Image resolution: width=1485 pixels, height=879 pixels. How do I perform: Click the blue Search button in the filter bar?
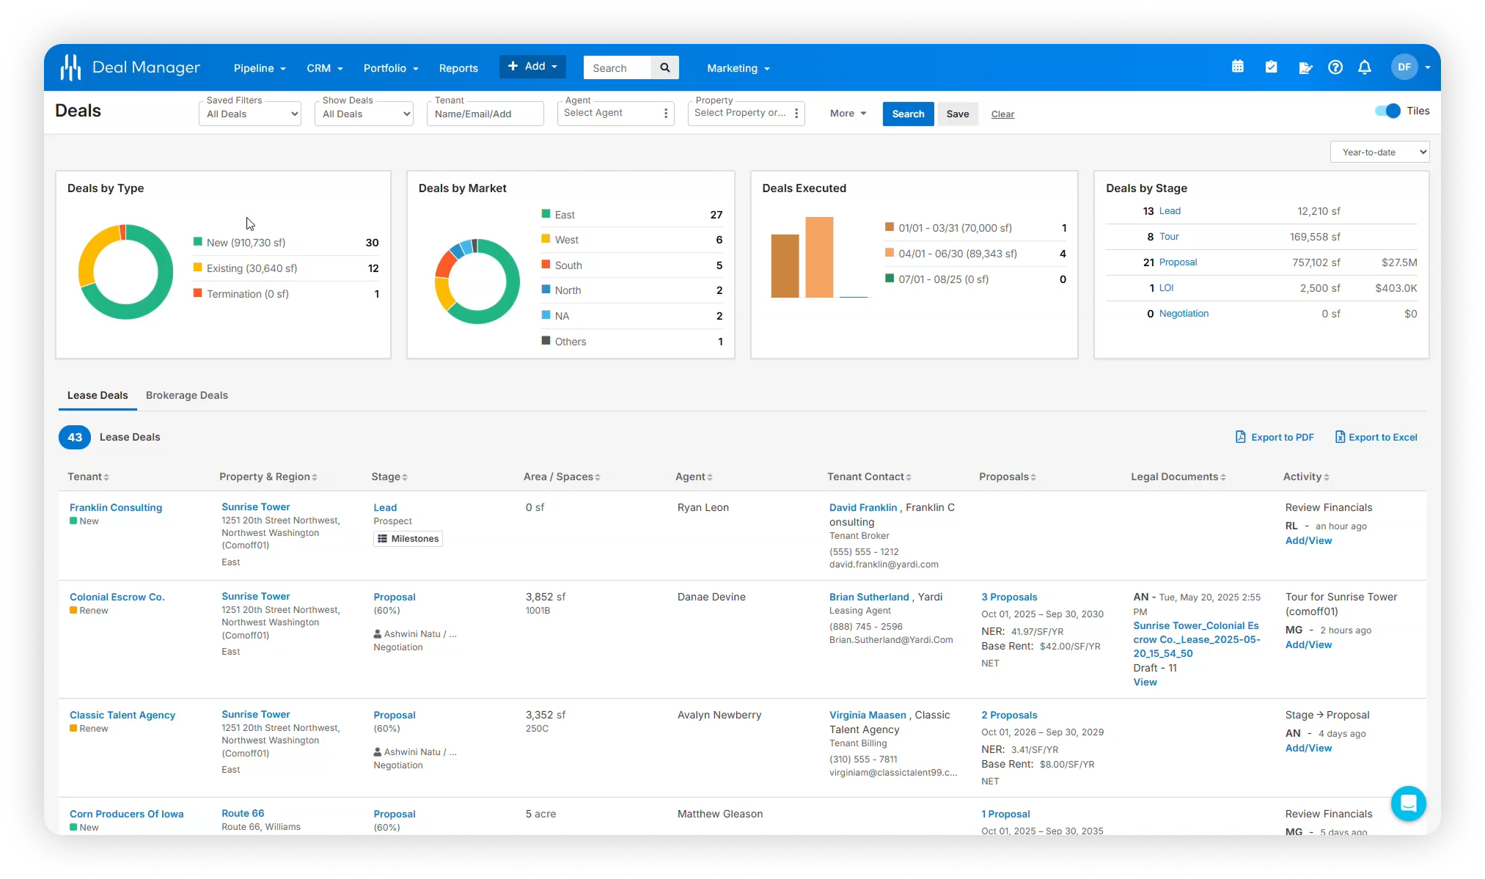tap(907, 114)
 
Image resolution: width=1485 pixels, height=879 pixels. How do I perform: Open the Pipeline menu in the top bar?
tap(259, 68)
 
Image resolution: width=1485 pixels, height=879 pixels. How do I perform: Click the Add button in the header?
tap(532, 66)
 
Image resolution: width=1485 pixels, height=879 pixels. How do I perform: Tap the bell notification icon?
tap(1364, 67)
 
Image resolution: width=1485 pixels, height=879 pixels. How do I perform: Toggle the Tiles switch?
tap(1387, 111)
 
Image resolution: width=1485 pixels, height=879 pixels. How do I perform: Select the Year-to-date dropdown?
tap(1379, 152)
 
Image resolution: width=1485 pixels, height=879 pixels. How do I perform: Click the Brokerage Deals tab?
tap(186, 395)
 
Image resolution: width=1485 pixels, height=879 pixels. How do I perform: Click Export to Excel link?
tap(1376, 437)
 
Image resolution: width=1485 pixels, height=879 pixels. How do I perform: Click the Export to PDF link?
tap(1275, 437)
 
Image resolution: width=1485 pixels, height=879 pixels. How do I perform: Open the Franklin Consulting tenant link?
tap(116, 507)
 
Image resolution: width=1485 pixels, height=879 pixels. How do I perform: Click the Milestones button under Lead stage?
tap(408, 539)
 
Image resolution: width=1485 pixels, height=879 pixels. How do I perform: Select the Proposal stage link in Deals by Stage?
tap(1178, 262)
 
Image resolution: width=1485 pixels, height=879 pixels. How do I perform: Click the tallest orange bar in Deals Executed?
tap(819, 257)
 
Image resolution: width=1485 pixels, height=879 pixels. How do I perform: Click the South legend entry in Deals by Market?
tap(568, 265)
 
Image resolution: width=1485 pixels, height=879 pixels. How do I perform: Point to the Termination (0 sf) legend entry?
tap(247, 294)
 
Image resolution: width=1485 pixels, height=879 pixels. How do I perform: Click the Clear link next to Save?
tap(1002, 114)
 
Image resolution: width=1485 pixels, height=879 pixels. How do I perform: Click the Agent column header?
tap(690, 477)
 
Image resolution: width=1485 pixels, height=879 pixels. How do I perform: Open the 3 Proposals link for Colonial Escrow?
tap(1009, 597)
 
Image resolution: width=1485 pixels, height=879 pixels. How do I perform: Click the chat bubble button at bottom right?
tap(1408, 803)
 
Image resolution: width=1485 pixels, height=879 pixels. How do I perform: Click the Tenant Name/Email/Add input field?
tap(485, 114)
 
